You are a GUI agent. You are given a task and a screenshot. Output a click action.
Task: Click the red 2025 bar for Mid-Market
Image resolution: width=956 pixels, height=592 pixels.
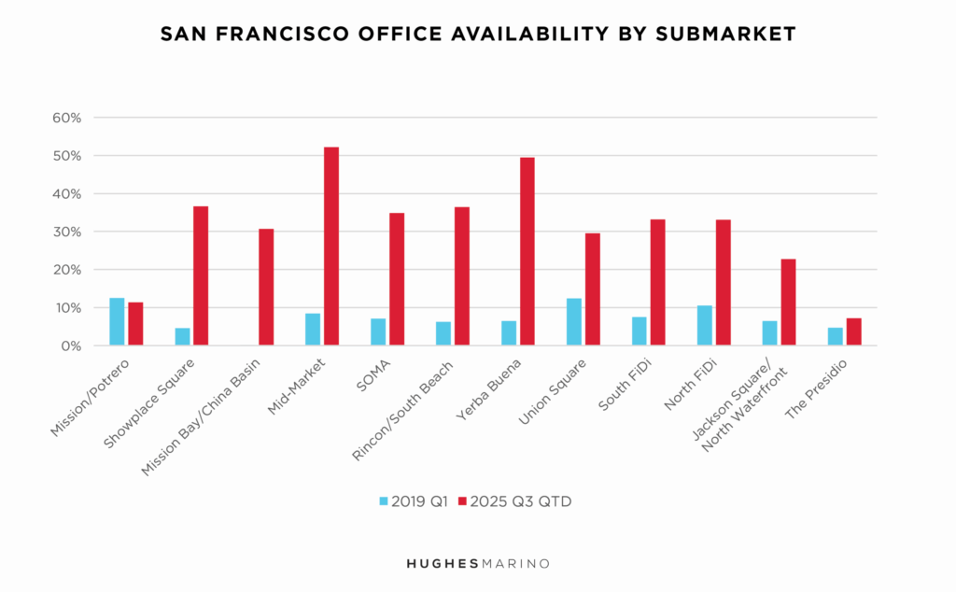(x=331, y=247)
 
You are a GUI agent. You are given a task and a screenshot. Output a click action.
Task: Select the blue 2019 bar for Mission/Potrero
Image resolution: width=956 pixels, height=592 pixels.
(x=117, y=322)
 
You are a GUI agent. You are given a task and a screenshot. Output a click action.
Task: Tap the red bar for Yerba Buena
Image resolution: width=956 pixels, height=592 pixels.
(x=527, y=251)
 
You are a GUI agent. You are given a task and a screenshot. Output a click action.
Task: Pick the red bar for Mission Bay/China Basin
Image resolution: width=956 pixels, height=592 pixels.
(x=266, y=288)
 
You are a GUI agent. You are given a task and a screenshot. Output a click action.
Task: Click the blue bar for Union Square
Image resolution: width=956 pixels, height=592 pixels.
(x=574, y=322)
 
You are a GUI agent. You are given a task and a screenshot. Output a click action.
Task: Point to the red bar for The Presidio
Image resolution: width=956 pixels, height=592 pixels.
(x=853, y=332)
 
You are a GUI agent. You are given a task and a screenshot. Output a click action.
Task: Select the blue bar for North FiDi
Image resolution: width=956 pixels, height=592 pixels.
(x=705, y=326)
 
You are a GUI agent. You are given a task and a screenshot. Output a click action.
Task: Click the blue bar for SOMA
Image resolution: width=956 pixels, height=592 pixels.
(x=378, y=332)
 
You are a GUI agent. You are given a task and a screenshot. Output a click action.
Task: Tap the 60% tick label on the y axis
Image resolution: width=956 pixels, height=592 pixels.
(x=67, y=118)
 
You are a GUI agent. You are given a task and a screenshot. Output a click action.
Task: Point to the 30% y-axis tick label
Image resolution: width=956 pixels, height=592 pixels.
(x=67, y=232)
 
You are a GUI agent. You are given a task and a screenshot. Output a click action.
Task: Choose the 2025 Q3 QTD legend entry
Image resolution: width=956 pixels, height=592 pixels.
(x=515, y=501)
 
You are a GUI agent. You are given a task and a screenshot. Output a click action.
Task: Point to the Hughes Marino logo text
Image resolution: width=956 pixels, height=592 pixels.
(x=477, y=563)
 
